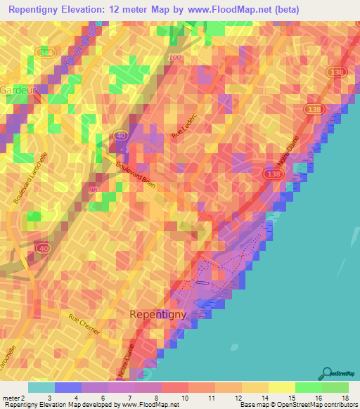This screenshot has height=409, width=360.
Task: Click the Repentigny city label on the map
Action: point(158,314)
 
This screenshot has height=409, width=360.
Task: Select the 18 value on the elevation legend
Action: point(346,398)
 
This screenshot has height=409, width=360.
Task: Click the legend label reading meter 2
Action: point(14,398)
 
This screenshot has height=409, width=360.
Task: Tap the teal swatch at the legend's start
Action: point(41,387)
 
